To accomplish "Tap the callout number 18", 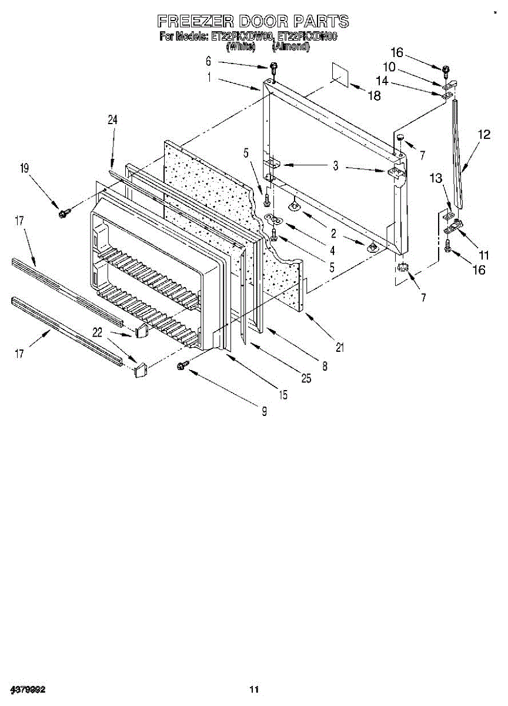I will click(374, 96).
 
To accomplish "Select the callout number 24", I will click(112, 119).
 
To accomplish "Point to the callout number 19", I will click(24, 168).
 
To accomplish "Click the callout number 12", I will click(483, 134).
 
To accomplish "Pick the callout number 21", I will click(339, 347).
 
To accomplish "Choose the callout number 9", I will click(265, 412).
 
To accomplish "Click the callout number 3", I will click(335, 166).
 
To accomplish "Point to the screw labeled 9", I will click(182, 367).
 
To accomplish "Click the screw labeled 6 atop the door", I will click(274, 66).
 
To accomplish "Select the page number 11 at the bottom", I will click(254, 689).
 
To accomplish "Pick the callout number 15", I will click(283, 395).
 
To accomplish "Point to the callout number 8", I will click(324, 366).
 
